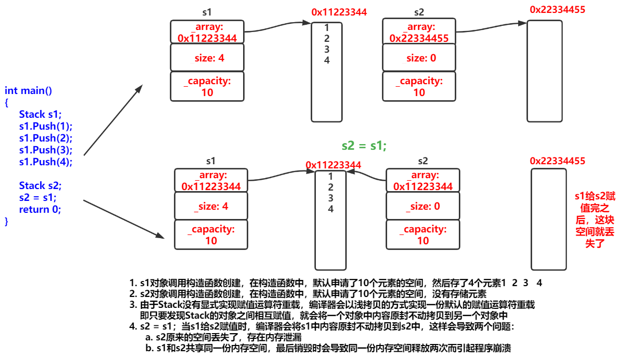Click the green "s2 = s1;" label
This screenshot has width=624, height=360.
click(364, 146)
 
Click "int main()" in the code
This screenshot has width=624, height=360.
click(28, 91)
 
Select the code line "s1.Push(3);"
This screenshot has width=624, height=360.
click(45, 150)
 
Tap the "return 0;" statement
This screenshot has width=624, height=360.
click(40, 209)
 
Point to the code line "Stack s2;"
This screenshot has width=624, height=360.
click(40, 185)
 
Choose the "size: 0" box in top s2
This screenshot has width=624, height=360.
click(419, 58)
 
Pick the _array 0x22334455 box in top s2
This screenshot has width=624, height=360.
click(419, 32)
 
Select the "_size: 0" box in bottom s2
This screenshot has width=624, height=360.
click(423, 206)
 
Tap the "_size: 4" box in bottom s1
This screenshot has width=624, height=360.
click(211, 206)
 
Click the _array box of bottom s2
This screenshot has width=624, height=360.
click(423, 181)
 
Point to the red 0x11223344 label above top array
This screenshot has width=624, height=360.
click(339, 12)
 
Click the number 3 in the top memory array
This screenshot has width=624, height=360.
click(327, 50)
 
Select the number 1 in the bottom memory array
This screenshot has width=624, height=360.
click(331, 176)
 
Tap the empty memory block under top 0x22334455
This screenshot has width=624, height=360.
click(544, 71)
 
